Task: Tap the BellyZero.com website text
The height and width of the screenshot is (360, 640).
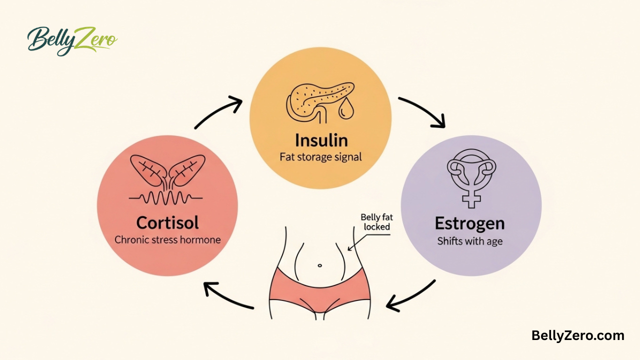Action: (x=577, y=335)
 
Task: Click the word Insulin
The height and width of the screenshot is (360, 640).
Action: (x=321, y=139)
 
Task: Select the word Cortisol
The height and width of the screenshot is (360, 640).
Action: (x=167, y=223)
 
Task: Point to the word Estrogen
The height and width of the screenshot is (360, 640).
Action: (x=469, y=223)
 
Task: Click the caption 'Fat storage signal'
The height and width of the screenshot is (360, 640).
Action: (x=321, y=156)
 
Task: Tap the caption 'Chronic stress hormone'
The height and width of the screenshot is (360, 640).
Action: (x=167, y=239)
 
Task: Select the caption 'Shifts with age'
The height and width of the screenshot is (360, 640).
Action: (x=469, y=241)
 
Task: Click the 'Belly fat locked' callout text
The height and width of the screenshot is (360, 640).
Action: (x=376, y=221)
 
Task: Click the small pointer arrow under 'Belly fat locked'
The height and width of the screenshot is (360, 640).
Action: (x=355, y=242)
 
